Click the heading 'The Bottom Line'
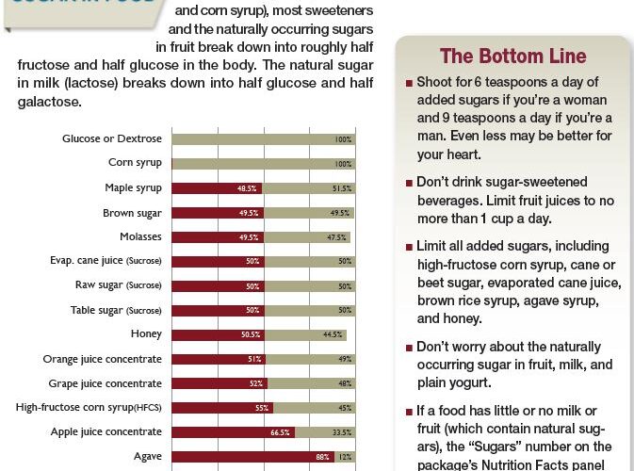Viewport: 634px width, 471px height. (512, 57)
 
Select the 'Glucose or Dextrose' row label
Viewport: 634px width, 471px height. (112, 139)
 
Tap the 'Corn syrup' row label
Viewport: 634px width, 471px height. (135, 163)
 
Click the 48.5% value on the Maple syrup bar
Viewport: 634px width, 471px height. (248, 188)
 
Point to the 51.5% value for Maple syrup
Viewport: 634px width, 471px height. (343, 188)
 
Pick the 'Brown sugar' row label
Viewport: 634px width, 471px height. (132, 213)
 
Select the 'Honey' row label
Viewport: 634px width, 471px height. (146, 334)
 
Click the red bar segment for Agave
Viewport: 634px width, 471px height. (250, 457)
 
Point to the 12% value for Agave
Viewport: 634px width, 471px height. (346, 457)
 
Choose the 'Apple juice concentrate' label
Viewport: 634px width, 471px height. (106, 431)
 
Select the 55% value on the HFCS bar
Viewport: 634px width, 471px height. (262, 408)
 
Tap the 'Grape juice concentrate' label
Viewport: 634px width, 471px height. (106, 383)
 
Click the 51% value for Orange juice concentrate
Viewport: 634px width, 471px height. (255, 359)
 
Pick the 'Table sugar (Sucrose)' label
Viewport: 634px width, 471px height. (116, 310)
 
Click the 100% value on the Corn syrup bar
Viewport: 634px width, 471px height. (344, 164)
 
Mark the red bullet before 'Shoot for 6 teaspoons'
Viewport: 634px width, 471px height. (409, 84)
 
